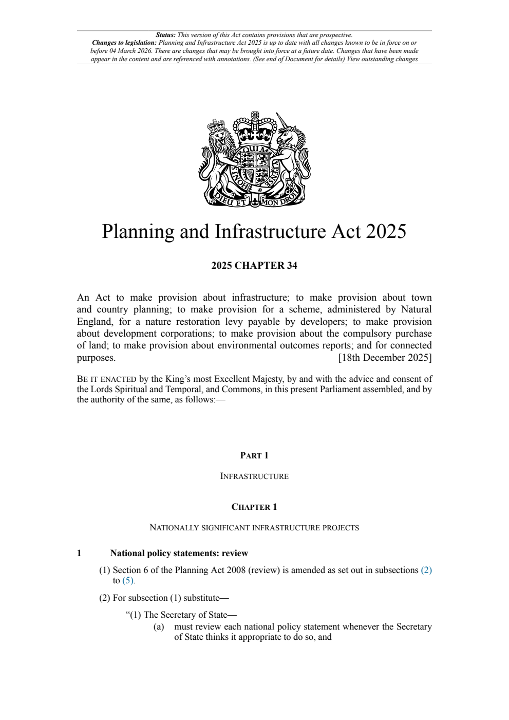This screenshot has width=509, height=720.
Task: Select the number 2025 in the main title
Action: pyautogui.click(x=385, y=231)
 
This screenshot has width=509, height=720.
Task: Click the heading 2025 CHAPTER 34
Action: pyautogui.click(x=254, y=266)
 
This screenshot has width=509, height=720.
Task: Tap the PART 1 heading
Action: pyautogui.click(x=254, y=455)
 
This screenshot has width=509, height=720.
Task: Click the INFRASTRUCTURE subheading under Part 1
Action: pyautogui.click(x=254, y=476)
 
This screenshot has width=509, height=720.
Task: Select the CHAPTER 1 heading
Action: pyautogui.click(x=254, y=507)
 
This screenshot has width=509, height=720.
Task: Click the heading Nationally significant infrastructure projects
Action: pyautogui.click(x=254, y=528)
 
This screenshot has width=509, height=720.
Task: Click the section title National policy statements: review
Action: pyautogui.click(x=179, y=553)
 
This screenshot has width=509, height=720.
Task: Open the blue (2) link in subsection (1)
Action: pyautogui.click(x=426, y=570)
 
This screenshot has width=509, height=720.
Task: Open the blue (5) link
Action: pyautogui.click(x=128, y=581)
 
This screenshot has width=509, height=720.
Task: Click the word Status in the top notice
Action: pyautogui.click(x=165, y=35)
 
